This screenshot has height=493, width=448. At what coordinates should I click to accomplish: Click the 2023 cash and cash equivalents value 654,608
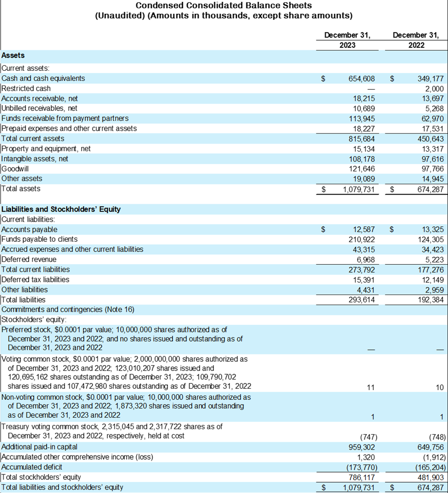pos(362,79)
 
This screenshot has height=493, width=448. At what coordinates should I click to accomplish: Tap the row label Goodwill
pos(16,169)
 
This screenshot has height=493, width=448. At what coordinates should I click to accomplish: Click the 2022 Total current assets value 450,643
pos(430,138)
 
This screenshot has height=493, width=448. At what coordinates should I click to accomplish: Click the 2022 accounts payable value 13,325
pos(432,229)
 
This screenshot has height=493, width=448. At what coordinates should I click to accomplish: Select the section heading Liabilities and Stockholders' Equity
pos(61,209)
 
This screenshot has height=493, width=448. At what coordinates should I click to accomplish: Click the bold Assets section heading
pos(13,55)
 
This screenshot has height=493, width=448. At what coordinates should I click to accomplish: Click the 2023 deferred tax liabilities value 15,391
pos(364,280)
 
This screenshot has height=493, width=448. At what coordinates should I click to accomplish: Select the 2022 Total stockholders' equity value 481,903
pos(430,477)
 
